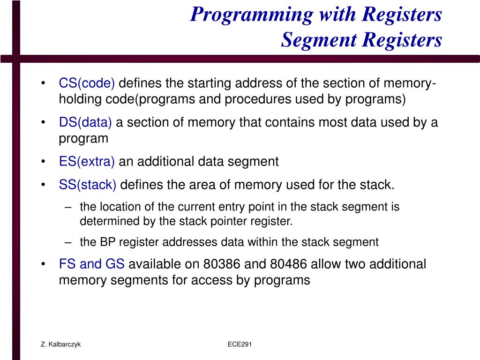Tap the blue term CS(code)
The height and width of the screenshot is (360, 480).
[x=87, y=83]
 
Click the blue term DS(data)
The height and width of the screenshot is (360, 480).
[x=85, y=123]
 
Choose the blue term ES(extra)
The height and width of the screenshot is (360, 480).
[x=87, y=162]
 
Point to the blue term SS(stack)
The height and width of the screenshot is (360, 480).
[x=88, y=185]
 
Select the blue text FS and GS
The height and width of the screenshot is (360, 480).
[x=92, y=264]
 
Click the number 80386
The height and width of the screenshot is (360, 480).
[x=222, y=264]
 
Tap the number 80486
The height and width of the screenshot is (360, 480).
[x=289, y=264]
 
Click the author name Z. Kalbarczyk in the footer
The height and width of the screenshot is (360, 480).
[x=60, y=345]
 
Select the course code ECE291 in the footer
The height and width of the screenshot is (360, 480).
[x=240, y=345]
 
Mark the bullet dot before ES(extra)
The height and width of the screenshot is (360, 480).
[x=43, y=162]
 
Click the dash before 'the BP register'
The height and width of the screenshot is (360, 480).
[x=69, y=242]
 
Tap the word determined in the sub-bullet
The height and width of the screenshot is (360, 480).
[x=103, y=221]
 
